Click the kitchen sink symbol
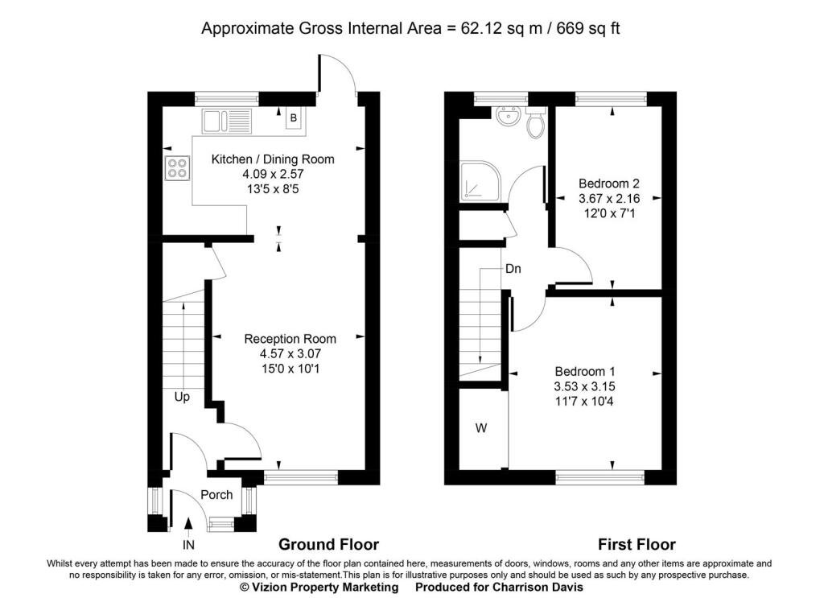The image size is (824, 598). point(227,122)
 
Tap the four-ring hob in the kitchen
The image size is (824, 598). point(177,169)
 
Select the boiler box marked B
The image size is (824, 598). point(293,118)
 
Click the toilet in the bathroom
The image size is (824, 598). point(535,122)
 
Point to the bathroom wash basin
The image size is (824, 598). point(508,116)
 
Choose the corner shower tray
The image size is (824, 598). point(480,181)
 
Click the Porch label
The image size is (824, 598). point(216,495)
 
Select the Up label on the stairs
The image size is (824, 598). point(182,398)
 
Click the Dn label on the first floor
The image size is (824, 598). point(513,269)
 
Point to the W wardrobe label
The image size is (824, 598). point(481,428)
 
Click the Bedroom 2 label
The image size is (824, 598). point(609,184)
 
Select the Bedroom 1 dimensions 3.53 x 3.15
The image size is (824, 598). point(584,387)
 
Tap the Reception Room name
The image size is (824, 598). point(290,339)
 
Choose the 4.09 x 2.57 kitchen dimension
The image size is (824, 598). point(274,174)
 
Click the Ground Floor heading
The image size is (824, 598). point(328,544)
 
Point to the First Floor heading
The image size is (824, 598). point(637,544)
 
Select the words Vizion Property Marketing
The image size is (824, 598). point(324,587)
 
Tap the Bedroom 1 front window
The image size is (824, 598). point(599,477)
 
